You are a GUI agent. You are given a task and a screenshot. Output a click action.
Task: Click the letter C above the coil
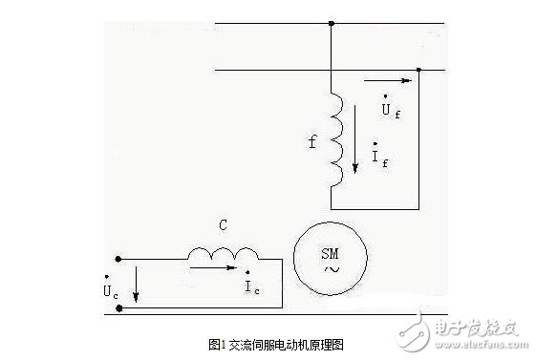(x=223, y=226)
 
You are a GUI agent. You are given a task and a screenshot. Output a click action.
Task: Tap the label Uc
(x=113, y=287)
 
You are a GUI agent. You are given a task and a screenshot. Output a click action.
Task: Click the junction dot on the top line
(x=331, y=23)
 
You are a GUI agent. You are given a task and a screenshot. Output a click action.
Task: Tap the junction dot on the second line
(x=418, y=70)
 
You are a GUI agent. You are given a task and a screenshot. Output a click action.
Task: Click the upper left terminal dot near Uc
(x=118, y=258)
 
